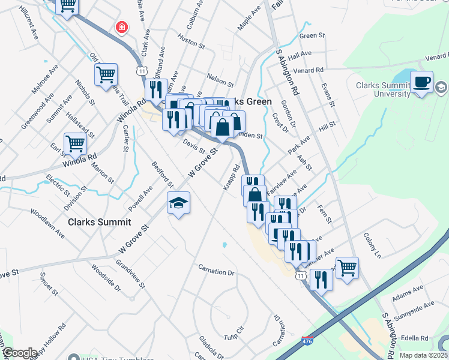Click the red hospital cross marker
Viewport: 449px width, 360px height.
point(122,28)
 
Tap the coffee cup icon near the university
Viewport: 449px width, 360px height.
point(421,82)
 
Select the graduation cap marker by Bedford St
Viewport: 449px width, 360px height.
point(178,204)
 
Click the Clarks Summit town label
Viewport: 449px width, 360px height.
point(99,222)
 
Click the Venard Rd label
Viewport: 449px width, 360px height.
point(309,70)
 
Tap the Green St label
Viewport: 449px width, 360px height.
point(312,36)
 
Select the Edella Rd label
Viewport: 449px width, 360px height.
point(415,338)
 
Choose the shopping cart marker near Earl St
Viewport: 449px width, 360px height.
point(75,144)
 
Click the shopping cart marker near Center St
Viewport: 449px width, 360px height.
point(106,75)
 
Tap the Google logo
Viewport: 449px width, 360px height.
point(20,352)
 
